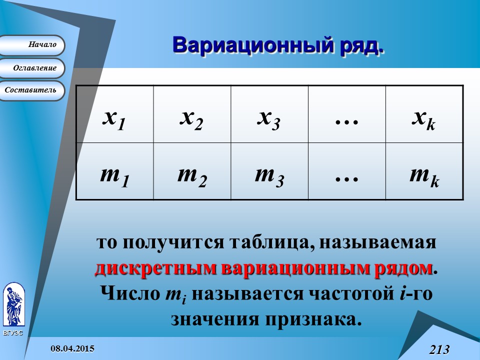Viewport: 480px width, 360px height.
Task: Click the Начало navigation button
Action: point(33,45)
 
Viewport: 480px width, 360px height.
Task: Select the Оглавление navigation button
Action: point(33,68)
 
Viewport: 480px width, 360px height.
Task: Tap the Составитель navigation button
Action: point(33,90)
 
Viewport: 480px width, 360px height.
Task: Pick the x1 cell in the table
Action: point(114,114)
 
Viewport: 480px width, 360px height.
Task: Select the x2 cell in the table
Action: point(192,114)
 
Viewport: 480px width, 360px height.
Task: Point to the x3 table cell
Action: point(269,114)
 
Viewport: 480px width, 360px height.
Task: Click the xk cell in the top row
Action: point(424,114)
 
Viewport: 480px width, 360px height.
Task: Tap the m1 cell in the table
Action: point(114,171)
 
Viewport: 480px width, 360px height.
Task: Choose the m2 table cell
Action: point(192,171)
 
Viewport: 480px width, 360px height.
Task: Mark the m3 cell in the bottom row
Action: point(269,171)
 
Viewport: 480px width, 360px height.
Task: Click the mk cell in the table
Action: point(424,171)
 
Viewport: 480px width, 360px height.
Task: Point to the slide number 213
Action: point(439,349)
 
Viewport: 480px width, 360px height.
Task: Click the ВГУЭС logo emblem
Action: point(13,304)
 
